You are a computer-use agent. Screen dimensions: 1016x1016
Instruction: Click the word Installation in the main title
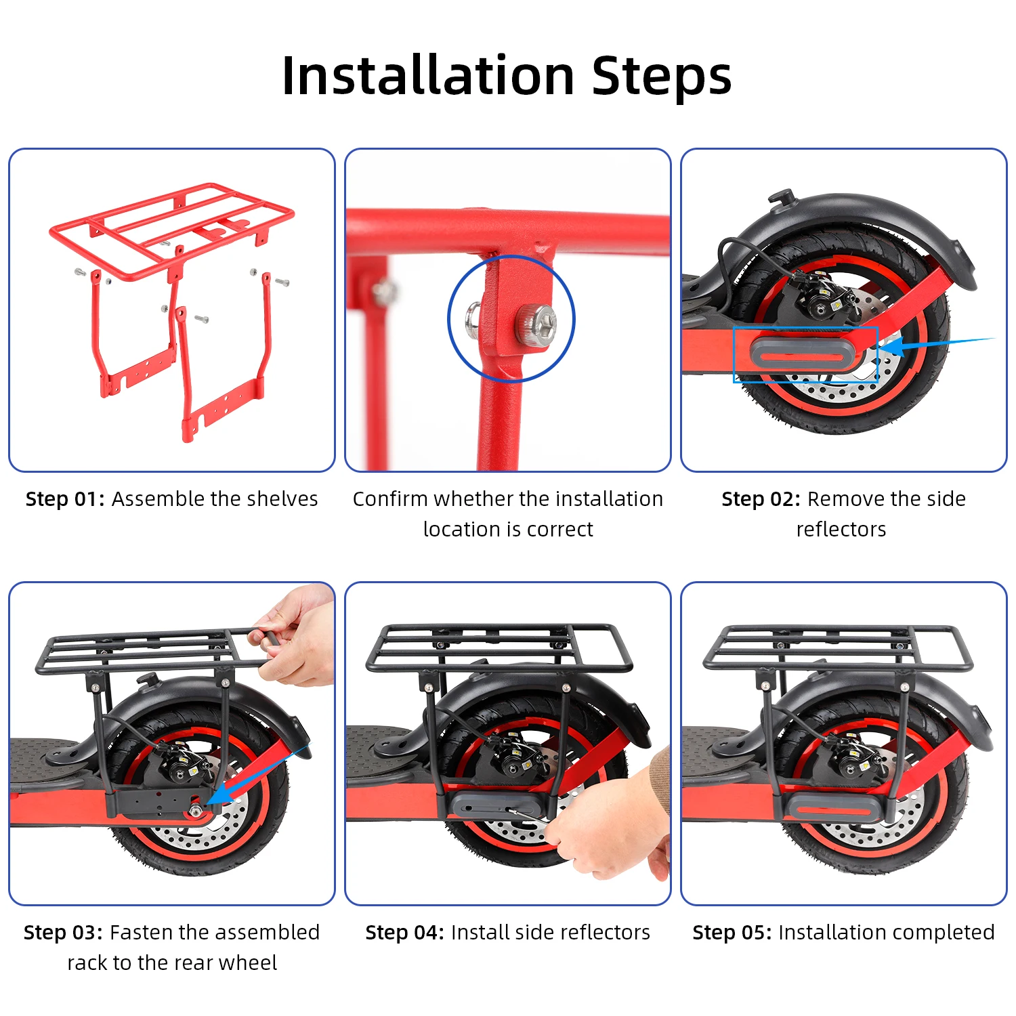point(428,75)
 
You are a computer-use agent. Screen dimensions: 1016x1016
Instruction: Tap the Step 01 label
point(65,499)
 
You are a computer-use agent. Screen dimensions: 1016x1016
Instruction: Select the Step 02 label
point(761,499)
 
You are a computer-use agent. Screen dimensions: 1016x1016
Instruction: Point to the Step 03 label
point(63,933)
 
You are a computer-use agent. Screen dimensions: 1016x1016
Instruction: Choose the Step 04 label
point(405,933)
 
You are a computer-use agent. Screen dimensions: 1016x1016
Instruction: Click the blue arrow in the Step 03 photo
point(257,775)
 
